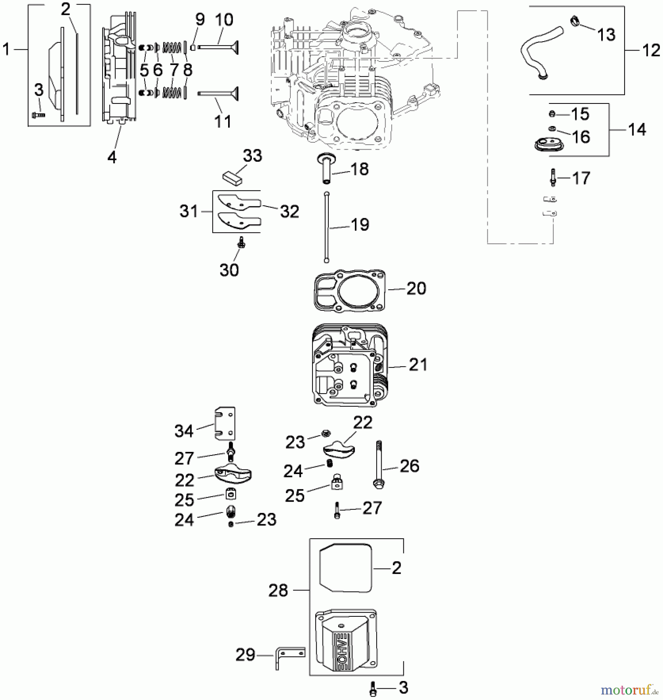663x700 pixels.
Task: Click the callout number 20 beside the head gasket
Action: pos(416,289)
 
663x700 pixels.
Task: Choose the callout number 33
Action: pos(253,156)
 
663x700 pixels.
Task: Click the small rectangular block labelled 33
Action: pos(232,177)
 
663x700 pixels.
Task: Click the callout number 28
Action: pos(278,590)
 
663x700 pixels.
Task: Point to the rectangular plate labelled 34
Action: pos(225,423)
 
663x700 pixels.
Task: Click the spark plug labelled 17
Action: pos(553,178)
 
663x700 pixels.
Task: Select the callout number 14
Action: pos(637,129)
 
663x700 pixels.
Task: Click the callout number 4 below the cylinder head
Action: pos(112,157)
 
